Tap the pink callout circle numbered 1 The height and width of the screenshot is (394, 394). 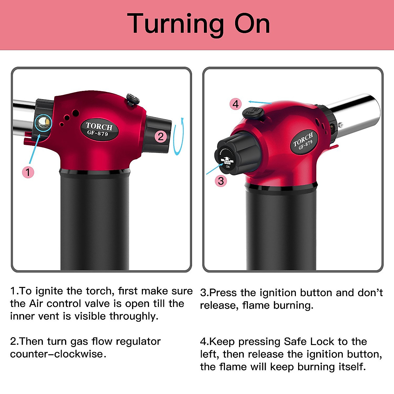pos(28,172)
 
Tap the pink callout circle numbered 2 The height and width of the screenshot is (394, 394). pos(161,136)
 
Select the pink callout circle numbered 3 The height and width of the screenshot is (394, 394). pos(221,181)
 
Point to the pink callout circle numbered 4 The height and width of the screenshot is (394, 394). pos(236,104)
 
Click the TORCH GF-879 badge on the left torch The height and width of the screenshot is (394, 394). pos(99,129)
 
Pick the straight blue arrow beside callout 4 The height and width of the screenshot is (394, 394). pos(259,102)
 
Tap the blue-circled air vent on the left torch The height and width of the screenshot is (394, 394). pos(43,123)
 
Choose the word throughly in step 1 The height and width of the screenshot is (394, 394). pos(134,316)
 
